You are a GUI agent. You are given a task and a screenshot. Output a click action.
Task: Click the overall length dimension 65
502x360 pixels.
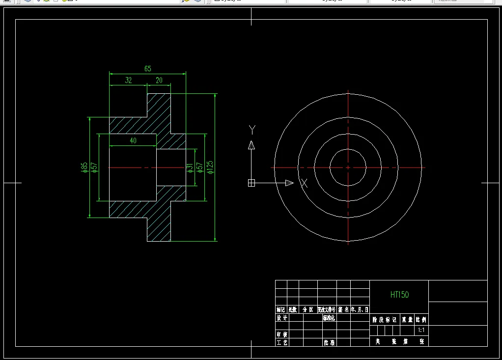(x=148, y=69)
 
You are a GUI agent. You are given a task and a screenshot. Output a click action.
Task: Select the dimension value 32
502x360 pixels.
(x=128, y=81)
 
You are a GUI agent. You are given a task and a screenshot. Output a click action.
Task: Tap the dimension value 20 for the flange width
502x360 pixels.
(x=159, y=81)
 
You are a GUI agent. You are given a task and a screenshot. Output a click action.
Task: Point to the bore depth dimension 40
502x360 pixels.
(x=133, y=140)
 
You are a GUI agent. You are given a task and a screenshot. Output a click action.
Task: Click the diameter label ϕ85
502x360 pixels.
(x=84, y=167)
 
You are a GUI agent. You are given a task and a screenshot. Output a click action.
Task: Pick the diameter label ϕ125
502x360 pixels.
(x=210, y=167)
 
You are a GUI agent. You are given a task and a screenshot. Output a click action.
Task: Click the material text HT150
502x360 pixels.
(x=399, y=295)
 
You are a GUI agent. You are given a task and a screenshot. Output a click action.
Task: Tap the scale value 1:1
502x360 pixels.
(x=421, y=331)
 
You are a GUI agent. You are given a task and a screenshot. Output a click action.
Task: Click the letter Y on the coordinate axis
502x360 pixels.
(x=252, y=130)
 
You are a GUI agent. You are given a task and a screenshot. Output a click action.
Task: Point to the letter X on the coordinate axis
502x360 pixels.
(x=304, y=183)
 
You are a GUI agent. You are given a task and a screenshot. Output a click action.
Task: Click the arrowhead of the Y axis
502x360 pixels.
(x=251, y=144)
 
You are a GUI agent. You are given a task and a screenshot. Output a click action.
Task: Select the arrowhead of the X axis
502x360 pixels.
(x=289, y=183)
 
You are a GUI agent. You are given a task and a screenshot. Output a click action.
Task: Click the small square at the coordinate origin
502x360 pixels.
(x=251, y=183)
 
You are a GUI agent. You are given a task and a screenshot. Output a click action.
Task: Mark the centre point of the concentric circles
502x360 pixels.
(x=348, y=167)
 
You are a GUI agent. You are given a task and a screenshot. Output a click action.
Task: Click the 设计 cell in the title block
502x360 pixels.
(x=282, y=318)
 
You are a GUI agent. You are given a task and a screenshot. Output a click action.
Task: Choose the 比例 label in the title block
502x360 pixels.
(x=421, y=319)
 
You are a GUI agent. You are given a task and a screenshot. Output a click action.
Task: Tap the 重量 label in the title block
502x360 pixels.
(x=408, y=319)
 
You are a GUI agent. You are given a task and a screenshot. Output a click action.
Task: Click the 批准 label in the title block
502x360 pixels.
(x=329, y=342)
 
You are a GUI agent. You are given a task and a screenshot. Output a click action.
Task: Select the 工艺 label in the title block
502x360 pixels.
(x=282, y=342)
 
